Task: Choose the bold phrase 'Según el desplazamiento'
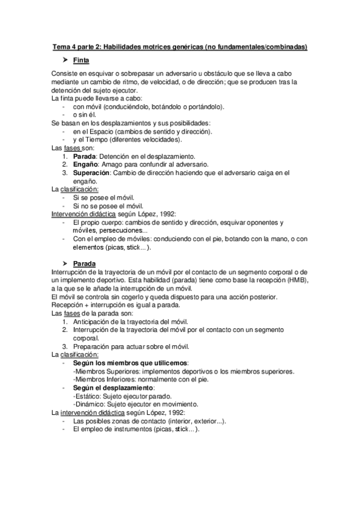tap(112, 387)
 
